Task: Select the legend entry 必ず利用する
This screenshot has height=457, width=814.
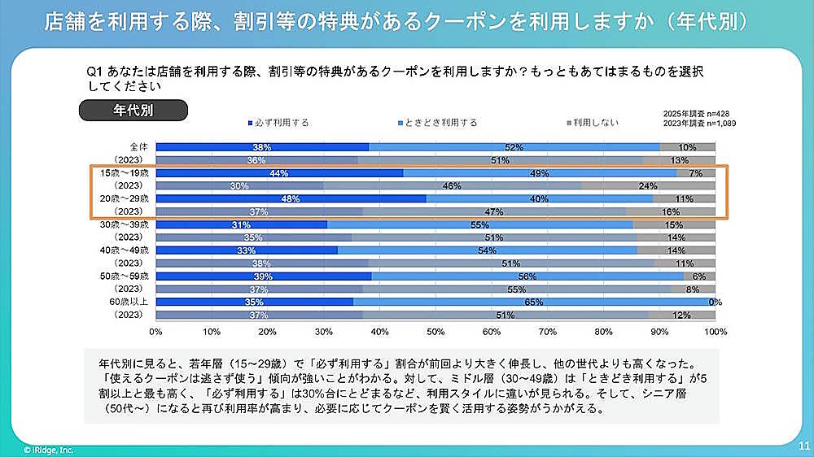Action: coord(280,123)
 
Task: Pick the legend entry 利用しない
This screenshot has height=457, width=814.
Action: coord(593,123)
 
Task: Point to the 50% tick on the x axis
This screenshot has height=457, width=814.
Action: coord(435,332)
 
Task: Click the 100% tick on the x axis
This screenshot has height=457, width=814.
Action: coord(714,332)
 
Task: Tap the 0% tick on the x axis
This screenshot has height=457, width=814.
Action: coord(156,332)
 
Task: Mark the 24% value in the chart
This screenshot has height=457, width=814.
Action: coord(648,186)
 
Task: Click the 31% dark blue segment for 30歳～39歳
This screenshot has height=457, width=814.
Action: coord(241,224)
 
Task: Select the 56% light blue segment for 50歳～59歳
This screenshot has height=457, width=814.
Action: coord(527,276)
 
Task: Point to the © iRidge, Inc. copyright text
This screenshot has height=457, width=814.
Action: coord(48,448)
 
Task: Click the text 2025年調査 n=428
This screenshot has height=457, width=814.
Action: coord(690,115)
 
